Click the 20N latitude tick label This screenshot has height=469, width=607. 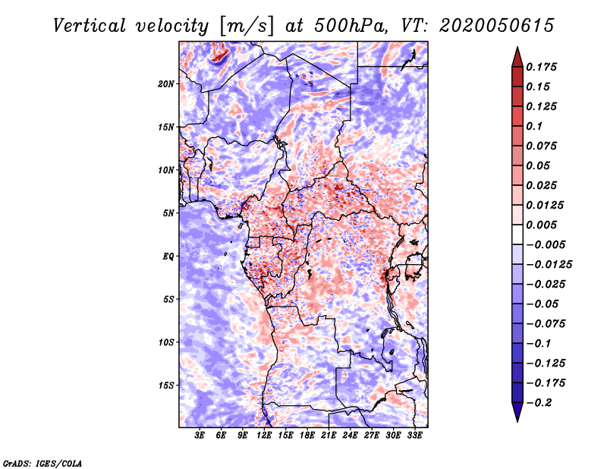point(166,84)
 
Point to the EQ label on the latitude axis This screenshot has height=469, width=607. point(168,257)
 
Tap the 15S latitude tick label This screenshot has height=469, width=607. point(166,386)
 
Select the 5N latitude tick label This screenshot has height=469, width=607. point(168,213)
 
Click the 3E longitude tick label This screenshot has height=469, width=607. point(200,436)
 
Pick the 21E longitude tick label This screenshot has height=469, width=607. point(329,436)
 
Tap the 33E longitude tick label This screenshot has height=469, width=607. point(414,436)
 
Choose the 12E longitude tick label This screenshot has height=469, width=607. point(264,436)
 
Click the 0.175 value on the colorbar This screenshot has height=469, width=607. point(541,67)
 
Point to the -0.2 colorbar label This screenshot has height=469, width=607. point(539,403)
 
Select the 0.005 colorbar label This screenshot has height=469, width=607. point(541,225)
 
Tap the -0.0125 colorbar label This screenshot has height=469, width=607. point(549,265)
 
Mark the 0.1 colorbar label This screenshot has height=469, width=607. point(534,126)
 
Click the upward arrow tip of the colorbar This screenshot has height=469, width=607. point(517,47)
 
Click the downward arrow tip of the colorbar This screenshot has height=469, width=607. point(517,421)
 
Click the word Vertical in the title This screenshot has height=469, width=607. point(90,26)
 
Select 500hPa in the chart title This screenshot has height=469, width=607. point(351,26)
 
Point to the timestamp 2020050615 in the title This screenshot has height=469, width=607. point(497,26)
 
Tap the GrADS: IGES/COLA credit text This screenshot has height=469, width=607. point(42,464)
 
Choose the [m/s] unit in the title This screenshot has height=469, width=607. point(247,26)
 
